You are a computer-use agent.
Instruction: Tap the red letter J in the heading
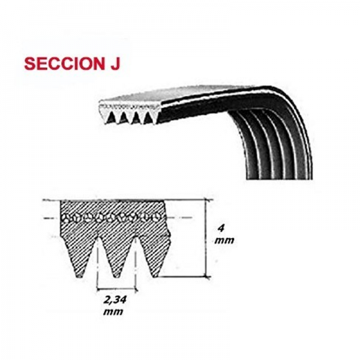[x=115, y=64]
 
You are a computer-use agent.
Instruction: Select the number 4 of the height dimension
[x=221, y=228]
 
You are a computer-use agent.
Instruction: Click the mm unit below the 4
[x=224, y=241]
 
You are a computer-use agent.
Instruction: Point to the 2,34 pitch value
[x=115, y=300]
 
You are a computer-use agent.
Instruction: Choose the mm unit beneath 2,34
[x=113, y=312]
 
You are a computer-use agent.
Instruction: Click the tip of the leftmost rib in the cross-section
[x=79, y=276]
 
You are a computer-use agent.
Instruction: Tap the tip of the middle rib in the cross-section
[x=116, y=276]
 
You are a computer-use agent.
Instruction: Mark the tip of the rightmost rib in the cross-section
[x=155, y=275]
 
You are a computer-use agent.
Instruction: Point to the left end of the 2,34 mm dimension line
[x=98, y=289]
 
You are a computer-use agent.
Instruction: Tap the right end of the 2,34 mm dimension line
[x=137, y=290]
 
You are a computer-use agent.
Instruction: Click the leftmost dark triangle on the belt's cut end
[x=112, y=117]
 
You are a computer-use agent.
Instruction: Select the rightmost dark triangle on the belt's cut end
[x=148, y=118]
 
